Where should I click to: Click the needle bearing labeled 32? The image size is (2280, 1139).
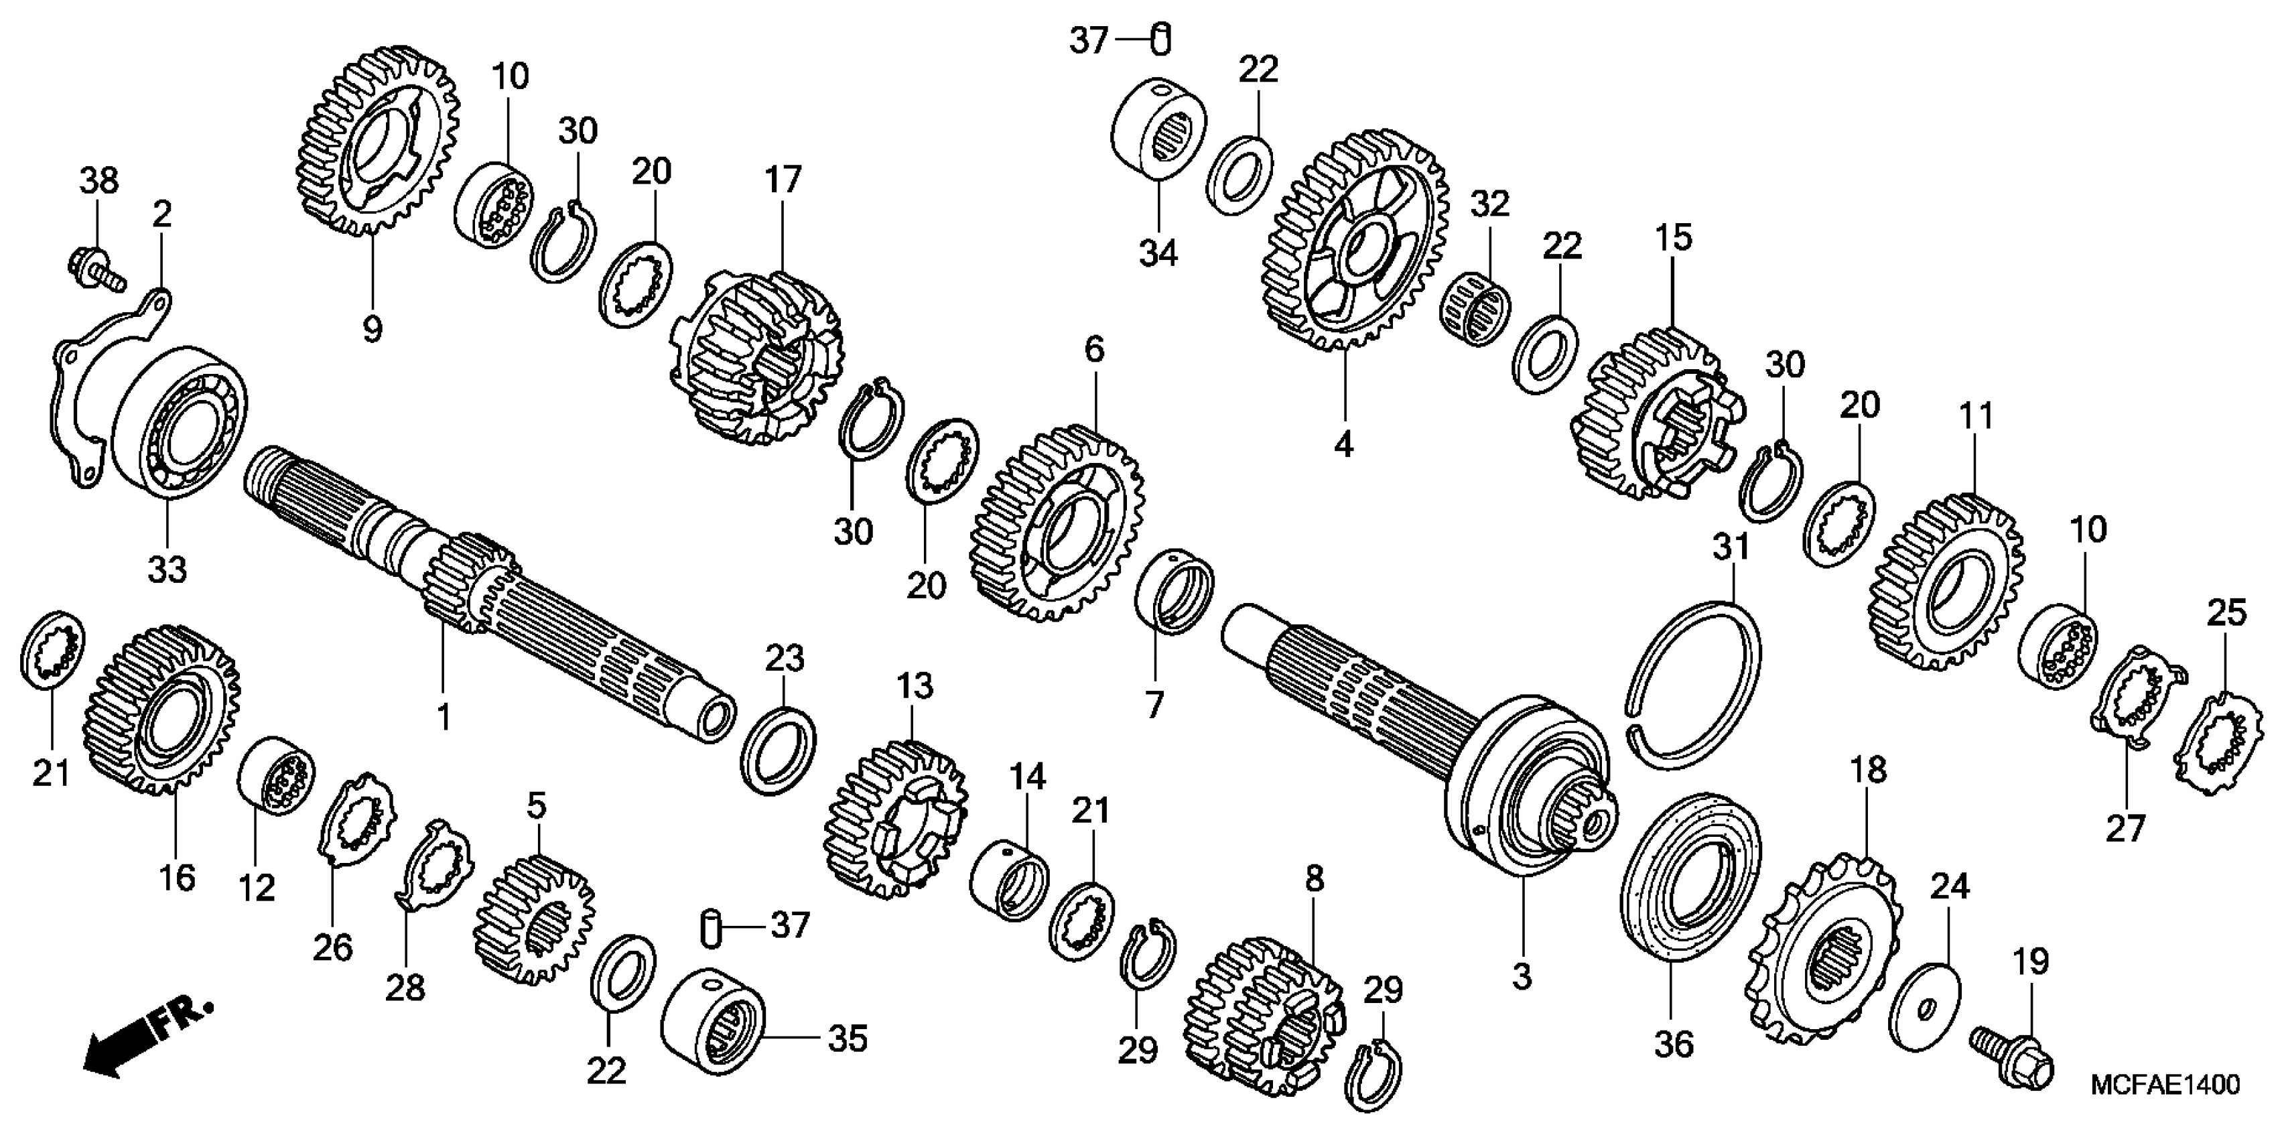tap(1478, 310)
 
